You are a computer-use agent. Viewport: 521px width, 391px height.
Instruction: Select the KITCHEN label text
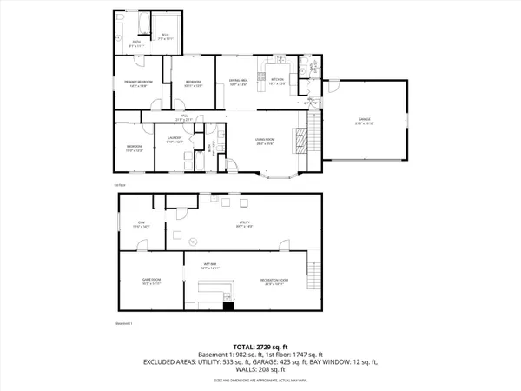pos(277,82)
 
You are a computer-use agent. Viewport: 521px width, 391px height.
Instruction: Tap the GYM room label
pos(145,224)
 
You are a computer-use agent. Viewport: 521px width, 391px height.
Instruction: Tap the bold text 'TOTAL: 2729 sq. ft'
pos(260,346)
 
